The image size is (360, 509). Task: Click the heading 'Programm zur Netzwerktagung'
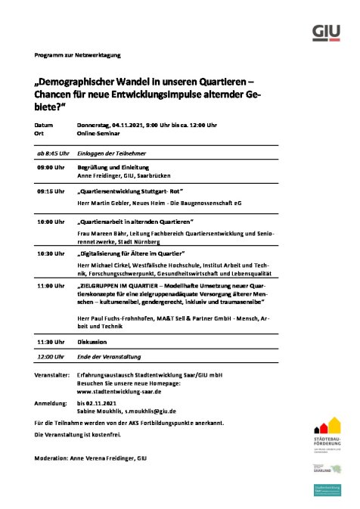click(x=77, y=55)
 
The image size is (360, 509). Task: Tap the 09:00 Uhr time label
click(x=50, y=166)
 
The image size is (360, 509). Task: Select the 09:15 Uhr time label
click(x=50, y=192)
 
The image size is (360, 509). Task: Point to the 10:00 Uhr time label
click(x=50, y=222)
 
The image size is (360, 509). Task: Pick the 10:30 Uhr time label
click(x=50, y=253)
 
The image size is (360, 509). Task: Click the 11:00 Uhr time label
click(x=50, y=286)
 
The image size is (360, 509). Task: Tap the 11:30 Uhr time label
click(x=50, y=341)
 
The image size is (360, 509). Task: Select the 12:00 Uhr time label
click(x=50, y=355)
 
